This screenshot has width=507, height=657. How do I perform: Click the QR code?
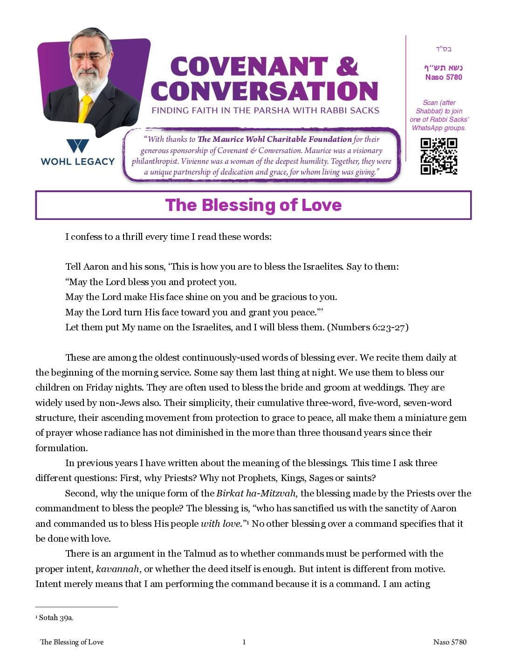tap(438, 156)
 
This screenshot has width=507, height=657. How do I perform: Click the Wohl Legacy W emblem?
tap(77, 146)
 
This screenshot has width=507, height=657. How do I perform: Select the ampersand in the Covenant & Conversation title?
tap(347, 66)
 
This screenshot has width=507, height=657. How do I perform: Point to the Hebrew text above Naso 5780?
tap(443, 68)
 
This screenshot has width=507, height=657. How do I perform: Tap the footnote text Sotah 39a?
tap(56, 618)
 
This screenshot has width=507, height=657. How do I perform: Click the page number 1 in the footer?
tap(244, 642)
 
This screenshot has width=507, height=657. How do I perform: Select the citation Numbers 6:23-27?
tap(368, 327)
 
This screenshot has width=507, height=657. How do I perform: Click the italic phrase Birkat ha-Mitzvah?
tap(256, 493)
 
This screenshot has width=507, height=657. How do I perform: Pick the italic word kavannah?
tap(117, 569)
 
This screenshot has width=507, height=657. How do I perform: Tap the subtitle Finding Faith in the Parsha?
tap(265, 111)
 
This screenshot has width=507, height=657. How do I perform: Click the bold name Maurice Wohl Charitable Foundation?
tap(274, 139)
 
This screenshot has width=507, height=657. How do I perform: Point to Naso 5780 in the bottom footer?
tap(450, 642)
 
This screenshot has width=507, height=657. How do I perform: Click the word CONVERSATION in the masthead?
tap(264, 91)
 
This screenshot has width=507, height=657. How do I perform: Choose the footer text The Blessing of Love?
tap(72, 642)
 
